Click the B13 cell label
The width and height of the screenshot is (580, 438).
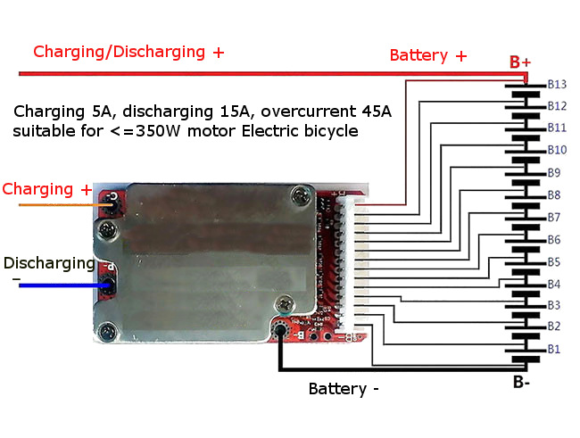[x=557, y=85]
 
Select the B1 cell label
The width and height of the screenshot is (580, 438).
[x=554, y=348]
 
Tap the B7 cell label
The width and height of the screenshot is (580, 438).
[x=554, y=217]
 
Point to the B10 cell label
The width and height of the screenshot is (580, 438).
[x=557, y=150]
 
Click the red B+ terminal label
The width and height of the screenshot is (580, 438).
[x=520, y=62]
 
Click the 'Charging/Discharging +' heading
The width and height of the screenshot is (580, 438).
[x=128, y=52]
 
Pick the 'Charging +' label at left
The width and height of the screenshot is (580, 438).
[x=47, y=189]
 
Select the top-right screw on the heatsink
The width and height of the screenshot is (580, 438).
[x=306, y=192]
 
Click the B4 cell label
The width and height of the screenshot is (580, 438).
[x=554, y=284]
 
